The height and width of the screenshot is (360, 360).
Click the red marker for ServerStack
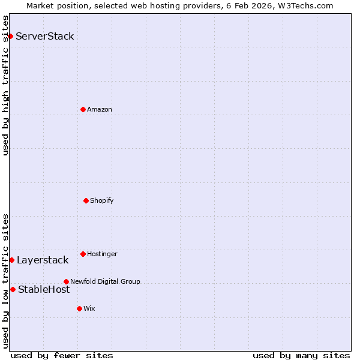point(10,37)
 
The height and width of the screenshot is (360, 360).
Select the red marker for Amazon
point(83,109)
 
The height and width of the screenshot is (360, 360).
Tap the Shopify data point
point(86,200)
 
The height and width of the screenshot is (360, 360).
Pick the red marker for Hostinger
point(83,254)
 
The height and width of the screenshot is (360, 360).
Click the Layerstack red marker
point(11,260)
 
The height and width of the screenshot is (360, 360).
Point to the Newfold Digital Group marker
point(66,281)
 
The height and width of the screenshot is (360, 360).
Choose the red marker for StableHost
point(13,289)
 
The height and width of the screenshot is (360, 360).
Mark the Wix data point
point(79,308)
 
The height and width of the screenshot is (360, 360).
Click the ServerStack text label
point(45,37)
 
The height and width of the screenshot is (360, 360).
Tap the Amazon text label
point(100,109)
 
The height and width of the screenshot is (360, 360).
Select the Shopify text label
point(102,200)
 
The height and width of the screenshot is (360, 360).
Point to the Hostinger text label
point(102,254)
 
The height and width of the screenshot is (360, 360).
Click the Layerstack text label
point(43,260)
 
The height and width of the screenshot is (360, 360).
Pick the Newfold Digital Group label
point(105,281)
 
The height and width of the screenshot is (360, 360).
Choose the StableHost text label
point(44,289)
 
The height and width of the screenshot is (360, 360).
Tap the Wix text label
point(89,308)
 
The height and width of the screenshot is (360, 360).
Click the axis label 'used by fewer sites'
point(62,355)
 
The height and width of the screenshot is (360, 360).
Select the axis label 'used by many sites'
point(301,355)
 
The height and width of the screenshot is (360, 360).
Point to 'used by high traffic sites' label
point(5,85)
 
